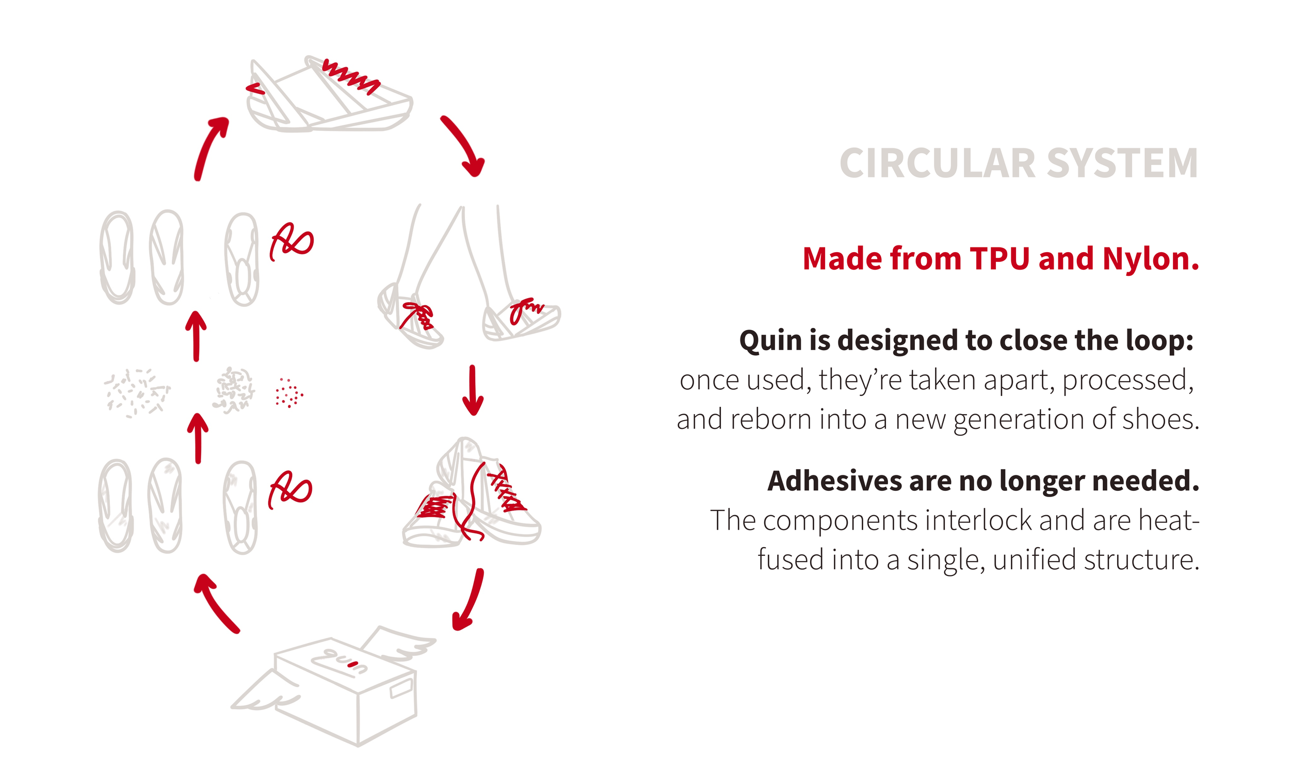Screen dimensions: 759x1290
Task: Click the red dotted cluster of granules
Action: click(x=289, y=393)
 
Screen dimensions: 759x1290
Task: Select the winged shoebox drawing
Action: click(x=341, y=686)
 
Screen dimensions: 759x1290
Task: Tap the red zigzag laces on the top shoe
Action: click(x=351, y=77)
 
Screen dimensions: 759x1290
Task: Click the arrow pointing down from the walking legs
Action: click(x=473, y=390)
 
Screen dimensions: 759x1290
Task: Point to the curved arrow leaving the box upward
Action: click(x=216, y=603)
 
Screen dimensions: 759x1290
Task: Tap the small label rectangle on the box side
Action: click(x=401, y=689)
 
